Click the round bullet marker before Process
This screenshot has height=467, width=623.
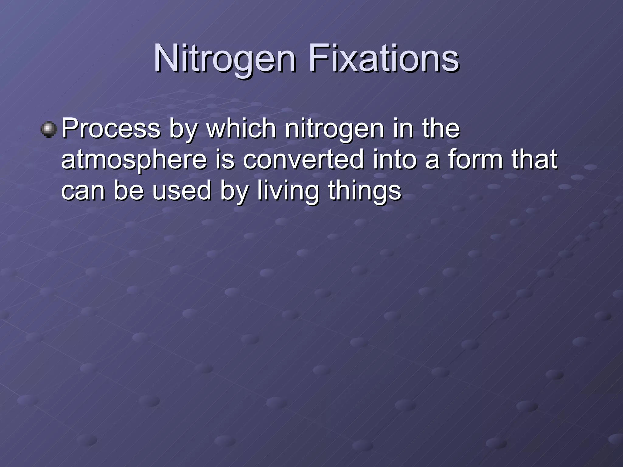[x=49, y=130]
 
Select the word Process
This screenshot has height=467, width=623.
[x=111, y=128]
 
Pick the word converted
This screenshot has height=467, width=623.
[x=303, y=159]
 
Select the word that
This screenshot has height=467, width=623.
[x=534, y=159]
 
